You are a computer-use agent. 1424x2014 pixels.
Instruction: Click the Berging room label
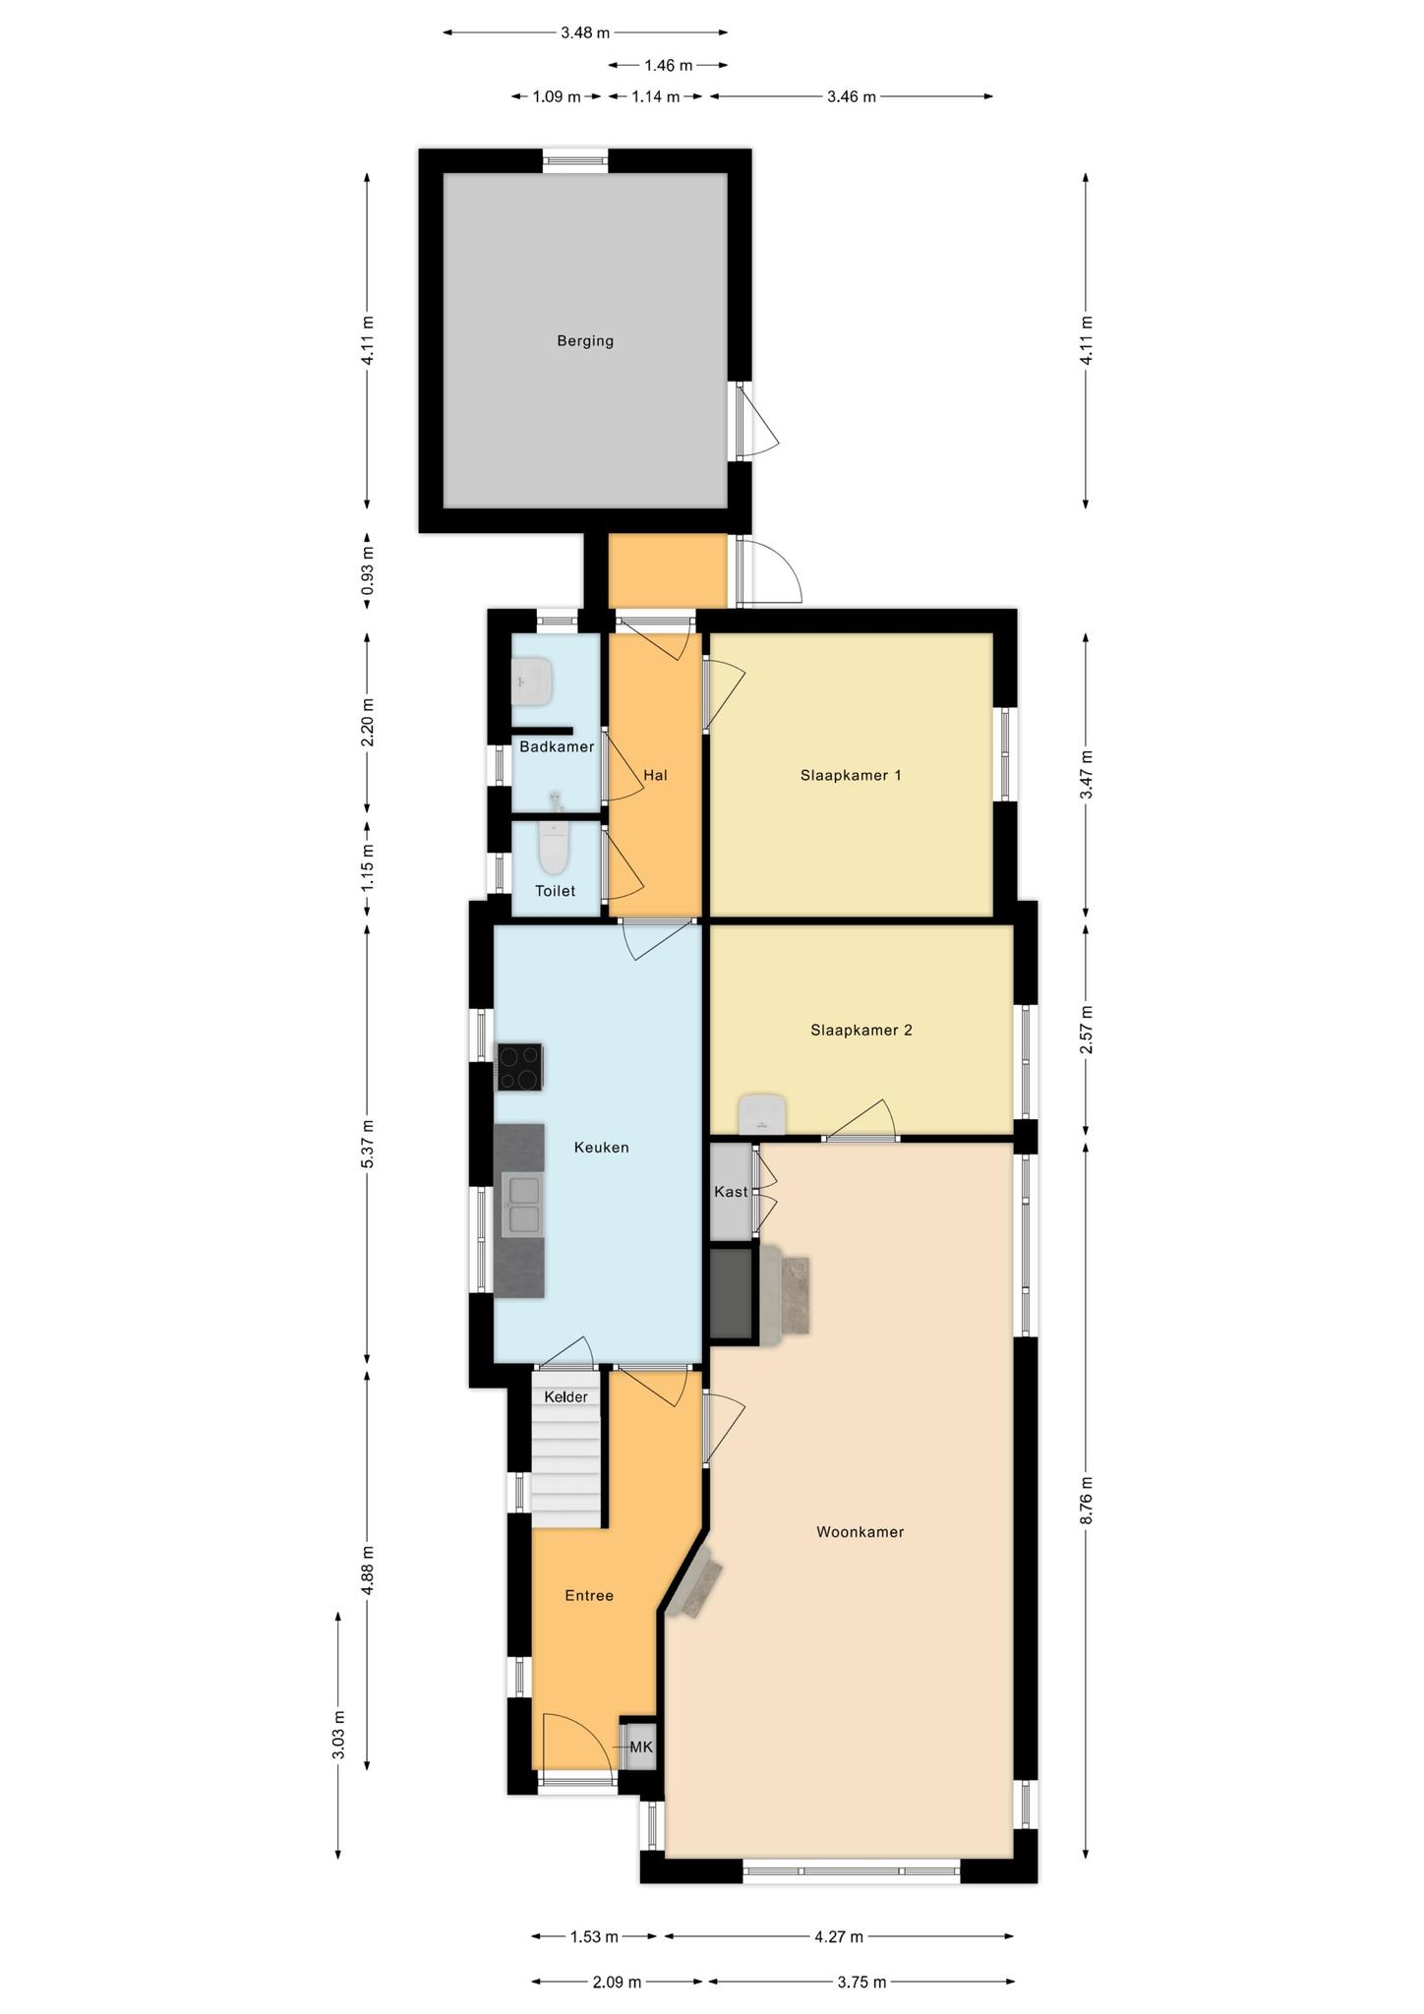[585, 341]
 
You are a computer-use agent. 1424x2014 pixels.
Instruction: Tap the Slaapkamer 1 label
[851, 775]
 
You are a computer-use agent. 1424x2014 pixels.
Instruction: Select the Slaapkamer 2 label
[861, 1031]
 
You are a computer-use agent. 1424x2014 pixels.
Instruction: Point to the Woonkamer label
[860, 1532]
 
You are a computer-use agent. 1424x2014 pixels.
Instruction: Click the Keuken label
[601, 1147]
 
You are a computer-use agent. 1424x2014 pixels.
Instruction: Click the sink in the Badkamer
[532, 681]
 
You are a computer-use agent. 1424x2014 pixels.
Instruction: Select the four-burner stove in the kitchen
[520, 1067]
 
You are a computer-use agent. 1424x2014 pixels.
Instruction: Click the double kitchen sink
[521, 1204]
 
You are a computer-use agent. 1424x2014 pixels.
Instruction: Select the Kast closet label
[731, 1192]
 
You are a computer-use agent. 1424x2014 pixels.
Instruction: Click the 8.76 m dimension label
[1086, 1501]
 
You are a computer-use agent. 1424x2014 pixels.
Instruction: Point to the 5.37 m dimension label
[368, 1145]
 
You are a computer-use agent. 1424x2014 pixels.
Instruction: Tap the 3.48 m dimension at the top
[585, 32]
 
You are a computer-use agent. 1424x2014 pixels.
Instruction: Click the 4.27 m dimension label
[839, 1937]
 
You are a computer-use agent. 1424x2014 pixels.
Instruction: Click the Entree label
[589, 1596]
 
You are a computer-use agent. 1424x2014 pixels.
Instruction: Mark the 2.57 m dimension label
[1086, 1030]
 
